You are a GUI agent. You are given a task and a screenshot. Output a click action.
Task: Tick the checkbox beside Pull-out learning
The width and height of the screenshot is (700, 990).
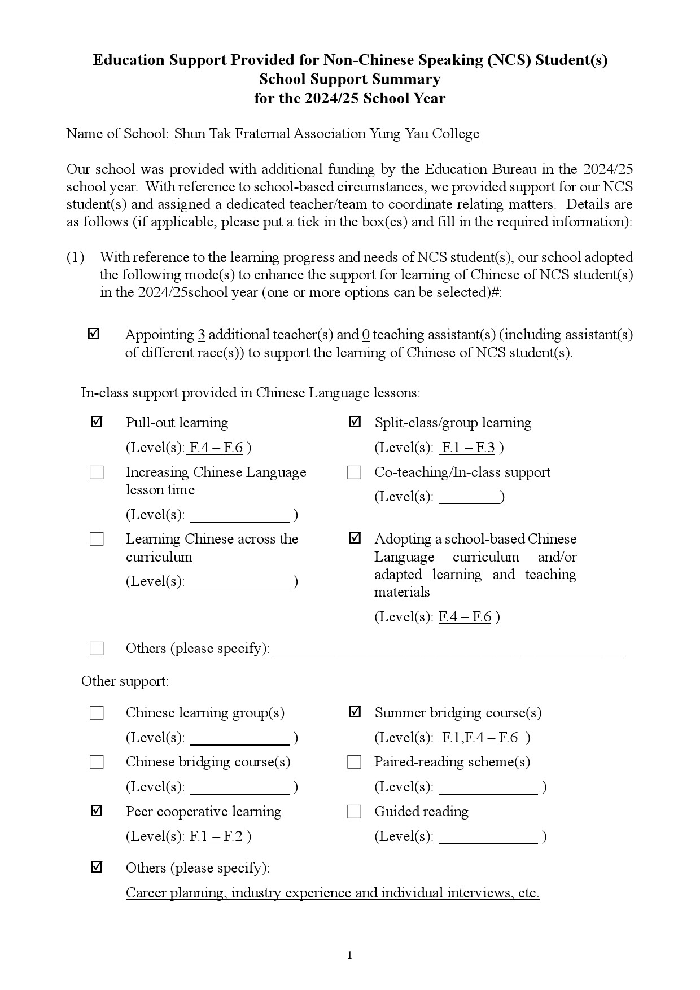tap(97, 422)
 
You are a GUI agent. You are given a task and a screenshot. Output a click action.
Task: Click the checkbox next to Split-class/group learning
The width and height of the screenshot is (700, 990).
tap(355, 422)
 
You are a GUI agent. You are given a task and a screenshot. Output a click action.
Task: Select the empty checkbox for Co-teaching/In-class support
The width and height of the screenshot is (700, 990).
tap(354, 472)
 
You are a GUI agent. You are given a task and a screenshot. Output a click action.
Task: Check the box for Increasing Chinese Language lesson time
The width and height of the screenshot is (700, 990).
tap(97, 472)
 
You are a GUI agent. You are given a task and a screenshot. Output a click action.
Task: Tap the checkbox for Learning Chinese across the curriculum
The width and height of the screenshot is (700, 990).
tap(97, 539)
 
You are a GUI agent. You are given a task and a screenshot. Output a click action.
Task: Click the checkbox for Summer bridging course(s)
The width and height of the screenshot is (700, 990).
tap(355, 712)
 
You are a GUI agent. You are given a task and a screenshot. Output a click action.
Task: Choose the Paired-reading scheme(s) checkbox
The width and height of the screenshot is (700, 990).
tap(354, 762)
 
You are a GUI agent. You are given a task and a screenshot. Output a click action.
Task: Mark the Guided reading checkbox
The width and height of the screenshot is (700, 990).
tap(354, 812)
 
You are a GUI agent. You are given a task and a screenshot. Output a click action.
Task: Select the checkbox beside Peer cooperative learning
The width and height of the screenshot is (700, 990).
tap(97, 811)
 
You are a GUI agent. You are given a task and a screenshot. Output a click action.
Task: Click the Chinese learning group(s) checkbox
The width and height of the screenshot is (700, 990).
tap(97, 713)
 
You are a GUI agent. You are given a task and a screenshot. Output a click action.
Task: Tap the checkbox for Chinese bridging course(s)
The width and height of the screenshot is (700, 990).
tap(97, 762)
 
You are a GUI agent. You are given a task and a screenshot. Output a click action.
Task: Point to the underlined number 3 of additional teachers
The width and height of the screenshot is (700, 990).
tap(202, 335)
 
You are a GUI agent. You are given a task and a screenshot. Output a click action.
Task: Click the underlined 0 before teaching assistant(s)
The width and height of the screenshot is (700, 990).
tap(366, 335)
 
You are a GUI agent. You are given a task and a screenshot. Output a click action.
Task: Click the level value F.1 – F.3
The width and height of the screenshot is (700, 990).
tap(468, 448)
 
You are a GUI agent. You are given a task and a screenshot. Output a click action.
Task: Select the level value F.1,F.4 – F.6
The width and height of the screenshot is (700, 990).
tap(479, 737)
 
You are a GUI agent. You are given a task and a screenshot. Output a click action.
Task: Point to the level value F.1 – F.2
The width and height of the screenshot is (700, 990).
tap(216, 836)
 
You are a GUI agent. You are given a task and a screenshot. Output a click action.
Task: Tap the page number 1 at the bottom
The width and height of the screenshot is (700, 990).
tap(349, 955)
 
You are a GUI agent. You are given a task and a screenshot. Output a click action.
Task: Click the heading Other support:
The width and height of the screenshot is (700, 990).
tap(125, 681)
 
